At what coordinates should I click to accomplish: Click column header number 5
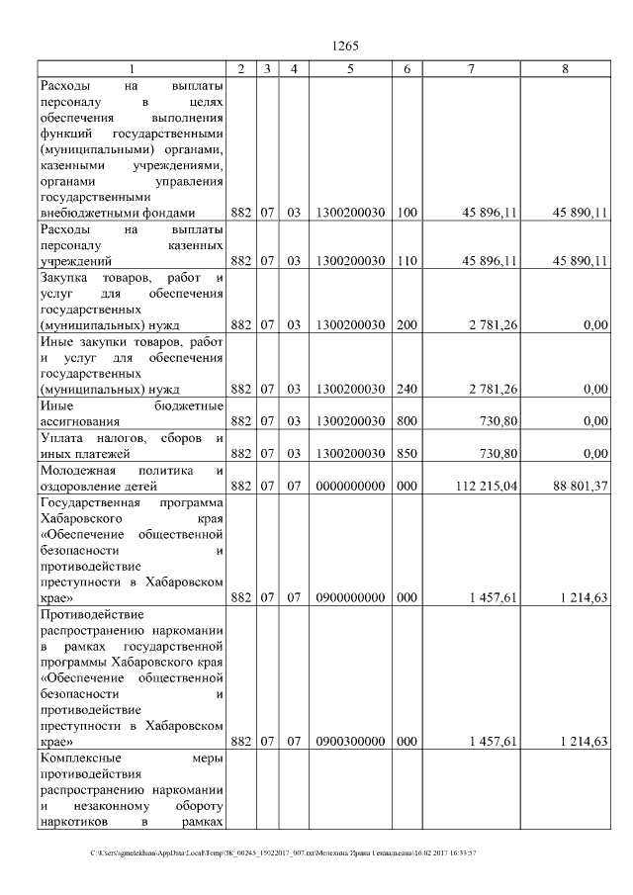tap(350, 68)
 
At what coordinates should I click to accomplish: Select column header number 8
tap(565, 68)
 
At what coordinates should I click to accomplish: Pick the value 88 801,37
tap(579, 486)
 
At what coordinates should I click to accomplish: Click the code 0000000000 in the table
tap(350, 486)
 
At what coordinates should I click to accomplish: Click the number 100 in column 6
tap(407, 213)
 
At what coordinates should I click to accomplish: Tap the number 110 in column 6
tap(407, 261)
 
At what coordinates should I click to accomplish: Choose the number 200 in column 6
tap(407, 324)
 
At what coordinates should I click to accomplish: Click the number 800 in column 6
tap(407, 421)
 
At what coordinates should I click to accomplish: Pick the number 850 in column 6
tap(407, 453)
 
